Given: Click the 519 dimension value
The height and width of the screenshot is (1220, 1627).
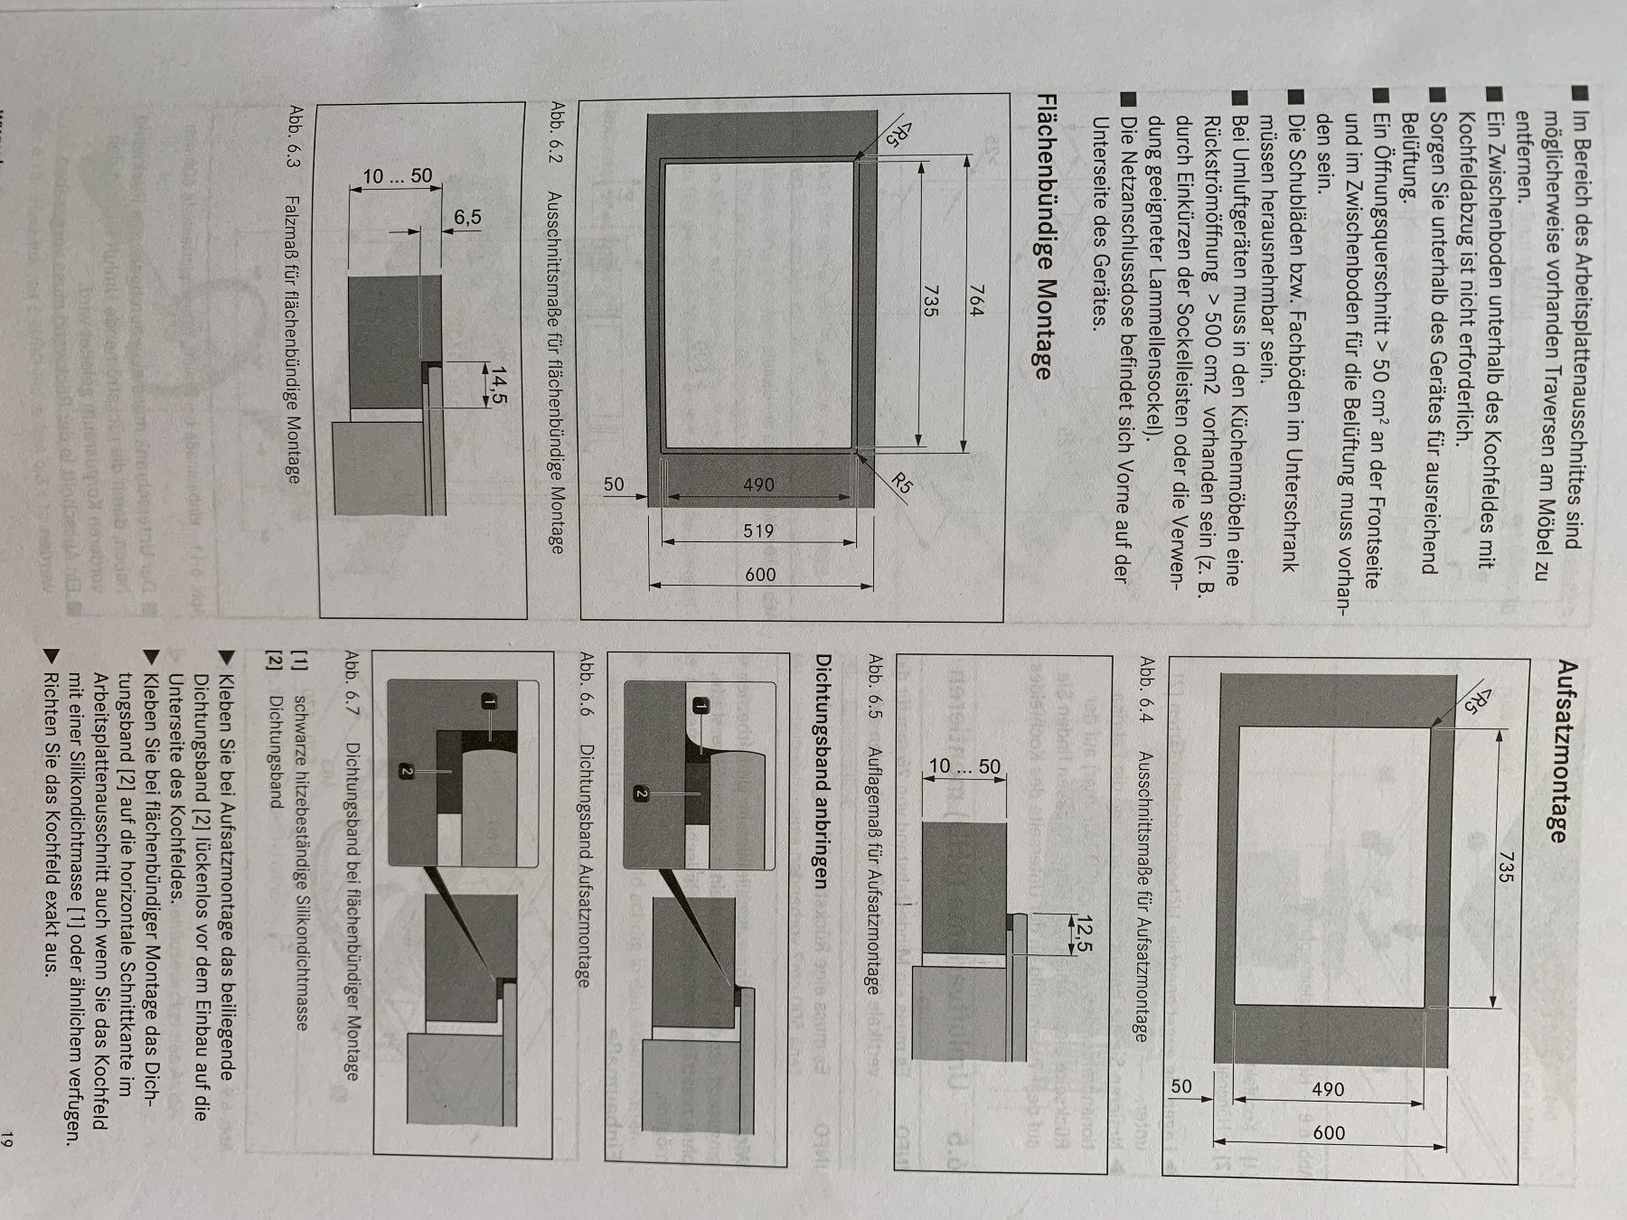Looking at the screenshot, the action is click(757, 531).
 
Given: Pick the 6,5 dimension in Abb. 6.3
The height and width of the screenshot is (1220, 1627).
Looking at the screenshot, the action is click(467, 218).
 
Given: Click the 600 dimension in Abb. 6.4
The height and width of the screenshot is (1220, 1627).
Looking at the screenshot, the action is click(1328, 1132).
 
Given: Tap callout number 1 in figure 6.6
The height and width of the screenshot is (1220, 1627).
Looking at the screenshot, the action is click(701, 706).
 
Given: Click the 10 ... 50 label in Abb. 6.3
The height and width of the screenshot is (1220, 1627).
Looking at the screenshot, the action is click(398, 176).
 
